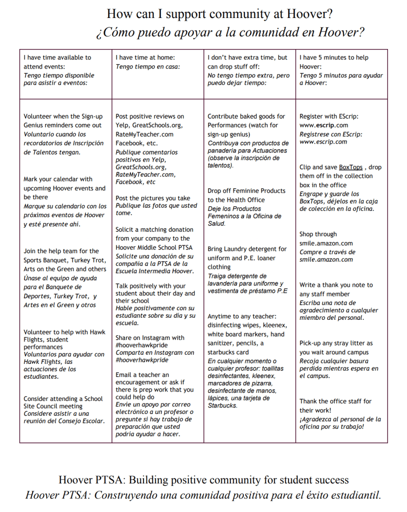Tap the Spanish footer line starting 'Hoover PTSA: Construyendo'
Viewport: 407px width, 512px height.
pyautogui.click(x=203, y=495)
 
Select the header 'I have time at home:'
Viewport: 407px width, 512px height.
pyautogui.click(x=145, y=58)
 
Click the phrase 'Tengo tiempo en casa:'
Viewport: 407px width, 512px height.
pyautogui.click(x=147, y=67)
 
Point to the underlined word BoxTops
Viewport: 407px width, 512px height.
pyautogui.click(x=350, y=167)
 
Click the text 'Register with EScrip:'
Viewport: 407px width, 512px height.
pyautogui.click(x=328, y=116)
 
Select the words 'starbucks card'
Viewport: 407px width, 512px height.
pyautogui.click(x=228, y=352)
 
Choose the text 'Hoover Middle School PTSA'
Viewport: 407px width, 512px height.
pyautogui.click(x=153, y=247)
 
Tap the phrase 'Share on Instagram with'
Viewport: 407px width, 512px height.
pyautogui.click(x=149, y=338)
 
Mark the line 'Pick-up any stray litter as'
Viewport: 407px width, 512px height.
pyautogui.click(x=336, y=343)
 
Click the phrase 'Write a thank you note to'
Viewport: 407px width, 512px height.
pyautogui.click(x=336, y=285)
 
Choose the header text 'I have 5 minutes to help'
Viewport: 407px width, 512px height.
pyautogui.click(x=333, y=58)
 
